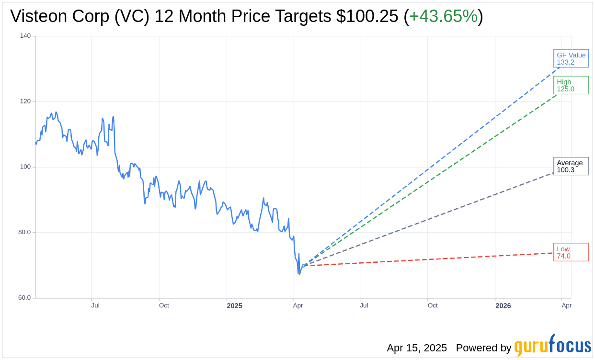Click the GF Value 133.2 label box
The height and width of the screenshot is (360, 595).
(x=571, y=58)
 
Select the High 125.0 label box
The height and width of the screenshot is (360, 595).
(x=571, y=85)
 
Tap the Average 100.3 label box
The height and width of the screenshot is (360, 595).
(x=571, y=166)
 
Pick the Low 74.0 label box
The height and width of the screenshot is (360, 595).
(x=571, y=252)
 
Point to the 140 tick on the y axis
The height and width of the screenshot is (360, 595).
(x=25, y=36)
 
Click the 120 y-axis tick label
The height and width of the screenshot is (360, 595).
(x=25, y=101)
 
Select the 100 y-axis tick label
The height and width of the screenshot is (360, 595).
(x=25, y=167)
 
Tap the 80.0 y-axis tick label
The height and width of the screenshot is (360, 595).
(x=24, y=232)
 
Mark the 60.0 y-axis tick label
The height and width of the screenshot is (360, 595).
(x=24, y=298)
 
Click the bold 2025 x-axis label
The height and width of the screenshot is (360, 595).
(x=234, y=306)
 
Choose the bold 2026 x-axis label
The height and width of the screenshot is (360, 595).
(x=503, y=306)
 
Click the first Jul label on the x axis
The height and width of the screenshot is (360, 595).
(x=95, y=305)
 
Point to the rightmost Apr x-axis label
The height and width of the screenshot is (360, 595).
(x=566, y=305)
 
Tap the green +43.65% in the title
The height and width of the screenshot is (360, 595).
(x=443, y=16)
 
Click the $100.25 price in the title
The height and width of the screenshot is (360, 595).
(x=367, y=16)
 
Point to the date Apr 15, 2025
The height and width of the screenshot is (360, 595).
(x=417, y=348)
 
